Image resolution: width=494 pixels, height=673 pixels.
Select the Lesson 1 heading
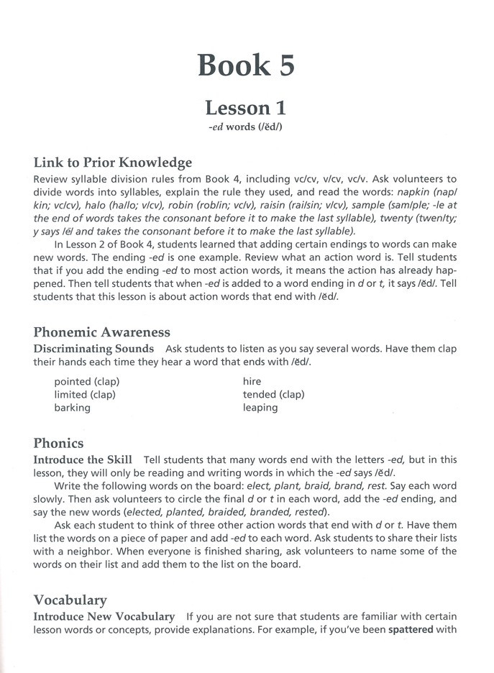pos(246,108)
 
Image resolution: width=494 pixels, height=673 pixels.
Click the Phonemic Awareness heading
pos(101,332)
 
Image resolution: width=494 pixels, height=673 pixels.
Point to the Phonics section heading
pos(59,443)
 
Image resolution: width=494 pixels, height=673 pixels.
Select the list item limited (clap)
pos(85,394)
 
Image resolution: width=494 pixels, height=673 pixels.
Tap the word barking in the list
pos(73,408)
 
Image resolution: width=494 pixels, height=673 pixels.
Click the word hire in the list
pos(252,381)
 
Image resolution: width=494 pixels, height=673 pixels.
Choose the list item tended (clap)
pos(273,394)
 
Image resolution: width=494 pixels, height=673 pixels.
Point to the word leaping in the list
pos(260,408)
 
